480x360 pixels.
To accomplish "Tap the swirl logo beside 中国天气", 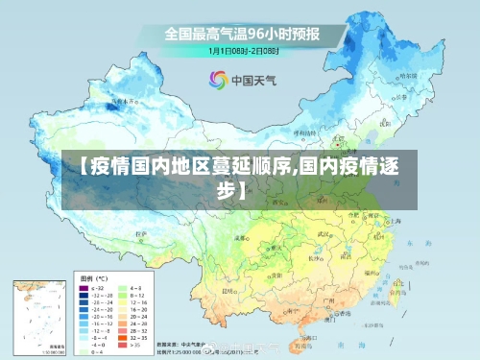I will click(218, 79).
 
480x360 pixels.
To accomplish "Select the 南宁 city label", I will click(283, 305).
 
